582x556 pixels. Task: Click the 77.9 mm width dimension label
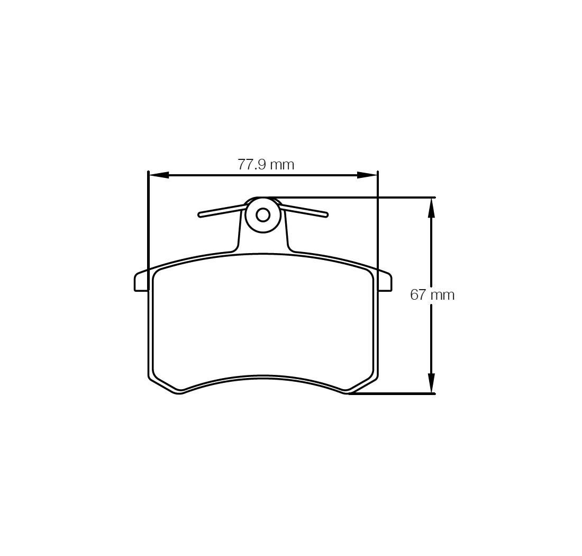(266, 164)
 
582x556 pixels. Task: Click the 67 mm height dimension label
(432, 295)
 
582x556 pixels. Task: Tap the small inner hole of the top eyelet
(263, 215)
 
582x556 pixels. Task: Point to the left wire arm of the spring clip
(222, 211)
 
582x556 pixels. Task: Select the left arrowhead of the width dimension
(159, 175)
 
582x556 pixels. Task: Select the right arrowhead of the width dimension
(367, 175)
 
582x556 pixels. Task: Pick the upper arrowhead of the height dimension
(431, 208)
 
